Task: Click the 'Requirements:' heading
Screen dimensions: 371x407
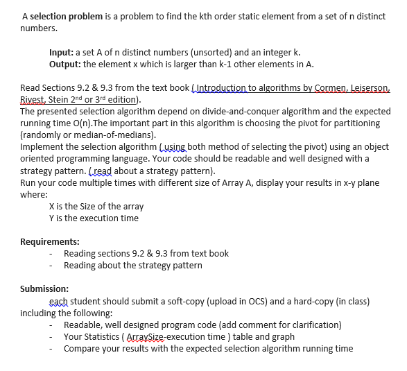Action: (49, 241)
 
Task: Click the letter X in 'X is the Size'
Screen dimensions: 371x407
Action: (53, 207)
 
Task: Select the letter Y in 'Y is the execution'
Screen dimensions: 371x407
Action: (53, 218)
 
